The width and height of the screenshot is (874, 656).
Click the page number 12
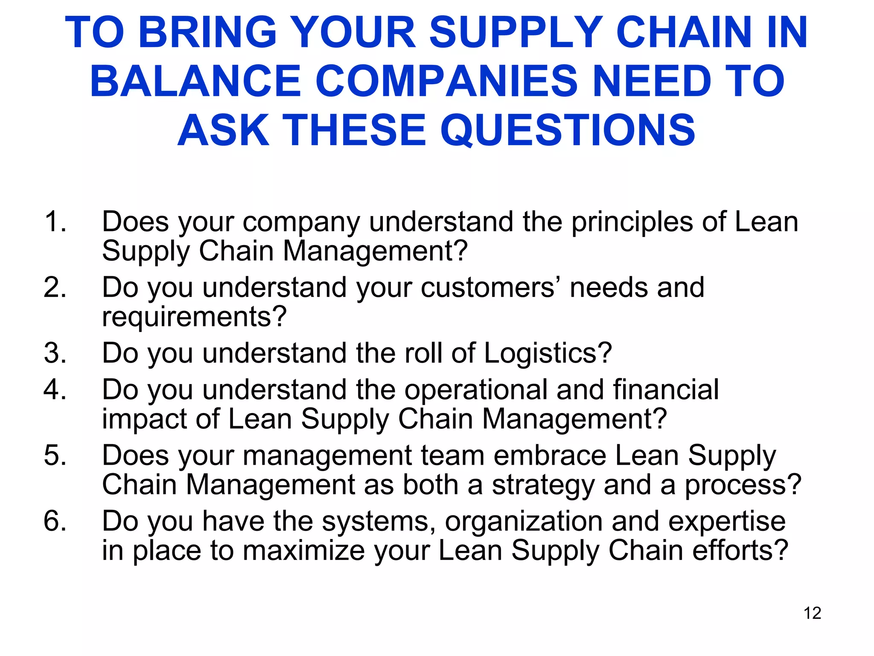pyautogui.click(x=812, y=613)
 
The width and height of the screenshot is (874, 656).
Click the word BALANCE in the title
pyautogui.click(x=195, y=81)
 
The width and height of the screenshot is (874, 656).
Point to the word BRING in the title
pyautogui.click(x=208, y=32)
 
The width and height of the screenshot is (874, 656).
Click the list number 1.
pyautogui.click(x=55, y=222)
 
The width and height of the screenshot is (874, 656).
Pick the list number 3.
pyautogui.click(x=55, y=353)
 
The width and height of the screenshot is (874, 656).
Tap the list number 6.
pyautogui.click(x=55, y=521)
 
